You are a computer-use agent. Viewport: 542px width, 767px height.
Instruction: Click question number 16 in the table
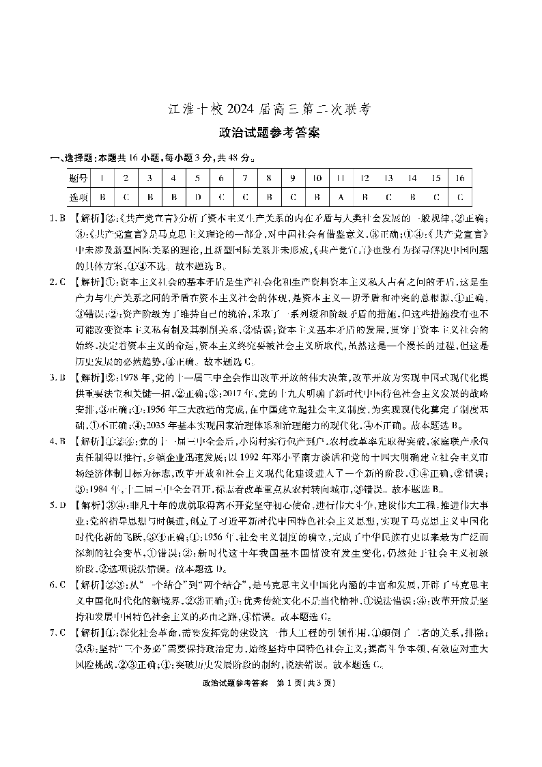459,178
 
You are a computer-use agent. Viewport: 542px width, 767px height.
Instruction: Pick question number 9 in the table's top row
292,178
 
